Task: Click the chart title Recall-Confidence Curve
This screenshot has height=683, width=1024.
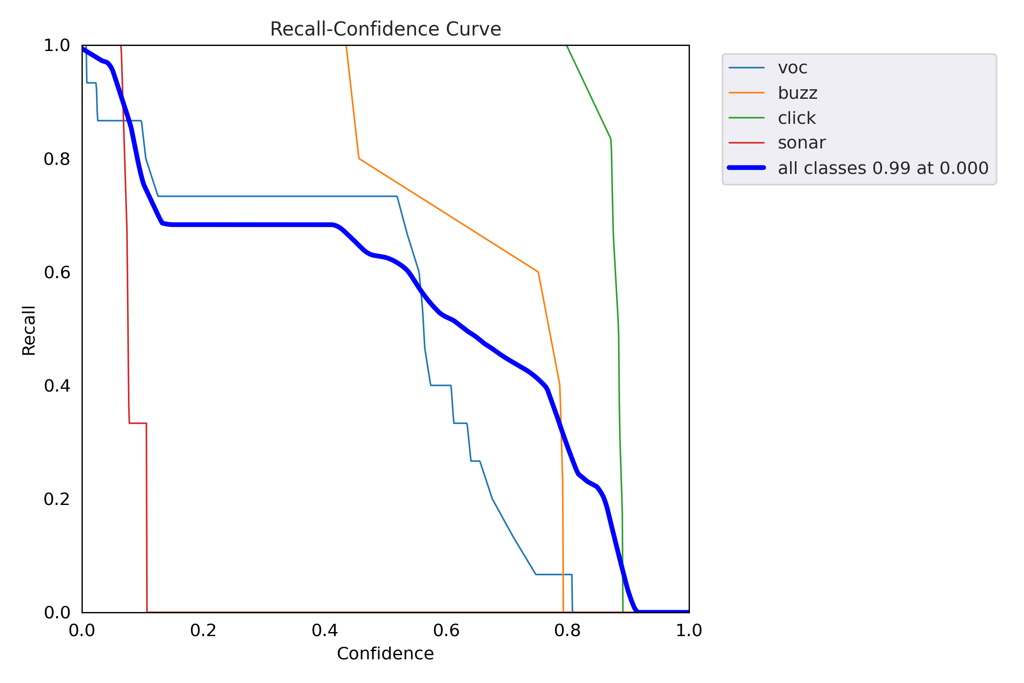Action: (x=385, y=29)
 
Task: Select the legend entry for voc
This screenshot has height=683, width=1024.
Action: (x=792, y=68)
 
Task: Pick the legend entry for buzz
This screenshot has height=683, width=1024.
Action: (x=797, y=93)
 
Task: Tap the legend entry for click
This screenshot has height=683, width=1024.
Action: (x=796, y=118)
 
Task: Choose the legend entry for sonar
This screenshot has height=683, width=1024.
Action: (x=801, y=143)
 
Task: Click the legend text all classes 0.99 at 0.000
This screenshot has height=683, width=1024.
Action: (x=883, y=168)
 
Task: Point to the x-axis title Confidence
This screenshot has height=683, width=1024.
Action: (x=385, y=653)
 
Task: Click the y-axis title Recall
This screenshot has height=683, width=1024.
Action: (x=29, y=330)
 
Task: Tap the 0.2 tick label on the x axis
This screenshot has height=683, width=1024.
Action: (x=203, y=630)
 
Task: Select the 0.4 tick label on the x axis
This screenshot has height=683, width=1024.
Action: (x=325, y=630)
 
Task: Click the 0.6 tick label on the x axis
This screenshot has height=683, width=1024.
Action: (x=446, y=630)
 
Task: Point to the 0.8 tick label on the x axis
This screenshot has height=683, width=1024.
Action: (x=568, y=630)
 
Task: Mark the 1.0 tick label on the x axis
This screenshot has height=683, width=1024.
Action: (x=689, y=630)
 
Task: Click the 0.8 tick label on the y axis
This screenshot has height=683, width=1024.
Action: (x=57, y=159)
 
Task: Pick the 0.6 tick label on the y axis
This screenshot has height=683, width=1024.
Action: (x=57, y=272)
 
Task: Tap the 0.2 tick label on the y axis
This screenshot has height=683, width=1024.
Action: (x=57, y=499)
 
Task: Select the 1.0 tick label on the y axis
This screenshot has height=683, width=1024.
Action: (x=57, y=46)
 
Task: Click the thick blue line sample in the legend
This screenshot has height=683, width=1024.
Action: (x=746, y=168)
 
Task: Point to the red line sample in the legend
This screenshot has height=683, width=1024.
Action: (x=746, y=143)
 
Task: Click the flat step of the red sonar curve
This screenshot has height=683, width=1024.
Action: (x=138, y=423)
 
